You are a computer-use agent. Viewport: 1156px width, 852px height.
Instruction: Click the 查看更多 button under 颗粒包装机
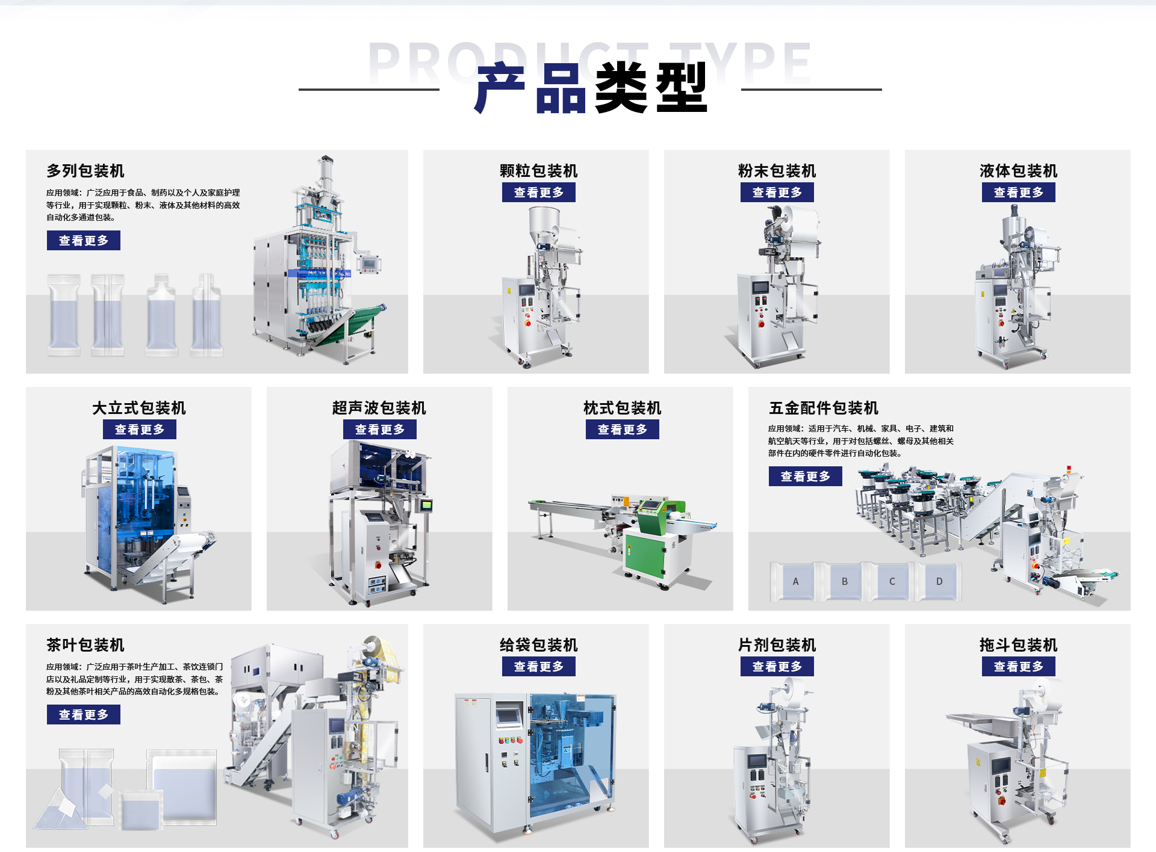click(538, 193)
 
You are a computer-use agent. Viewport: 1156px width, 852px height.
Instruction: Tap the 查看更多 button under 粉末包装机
click(777, 193)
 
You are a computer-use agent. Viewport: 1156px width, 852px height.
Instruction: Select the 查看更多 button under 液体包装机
click(1018, 193)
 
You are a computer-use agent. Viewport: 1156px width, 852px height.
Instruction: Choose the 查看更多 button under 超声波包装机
click(379, 430)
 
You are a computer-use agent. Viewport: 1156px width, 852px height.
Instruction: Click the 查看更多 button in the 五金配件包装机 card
click(805, 477)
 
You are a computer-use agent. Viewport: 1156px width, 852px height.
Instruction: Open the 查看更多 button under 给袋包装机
click(538, 667)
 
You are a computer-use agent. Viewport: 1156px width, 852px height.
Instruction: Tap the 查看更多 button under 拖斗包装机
click(1018, 667)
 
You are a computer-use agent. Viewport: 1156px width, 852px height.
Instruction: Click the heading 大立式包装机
click(139, 408)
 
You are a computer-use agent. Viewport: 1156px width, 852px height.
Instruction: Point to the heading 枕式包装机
click(622, 408)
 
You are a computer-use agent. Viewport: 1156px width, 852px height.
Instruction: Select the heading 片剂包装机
click(777, 645)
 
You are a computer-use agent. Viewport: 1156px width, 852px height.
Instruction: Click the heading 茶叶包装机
click(85, 645)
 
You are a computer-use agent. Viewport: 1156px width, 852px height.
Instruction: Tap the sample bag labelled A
click(795, 581)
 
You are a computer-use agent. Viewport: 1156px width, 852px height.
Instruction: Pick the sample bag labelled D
click(939, 581)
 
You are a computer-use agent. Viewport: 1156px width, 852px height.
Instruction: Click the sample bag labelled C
click(892, 581)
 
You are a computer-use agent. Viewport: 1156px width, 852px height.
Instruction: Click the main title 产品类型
click(591, 88)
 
